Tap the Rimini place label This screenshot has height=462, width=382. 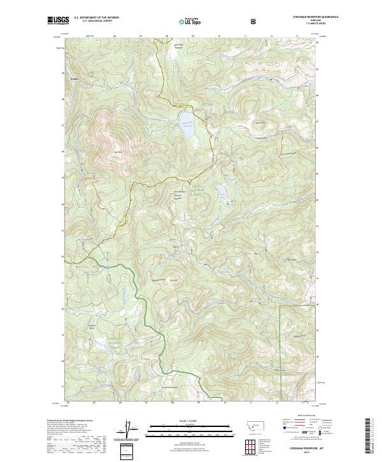[75, 80]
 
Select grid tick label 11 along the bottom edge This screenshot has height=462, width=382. [251, 403]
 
